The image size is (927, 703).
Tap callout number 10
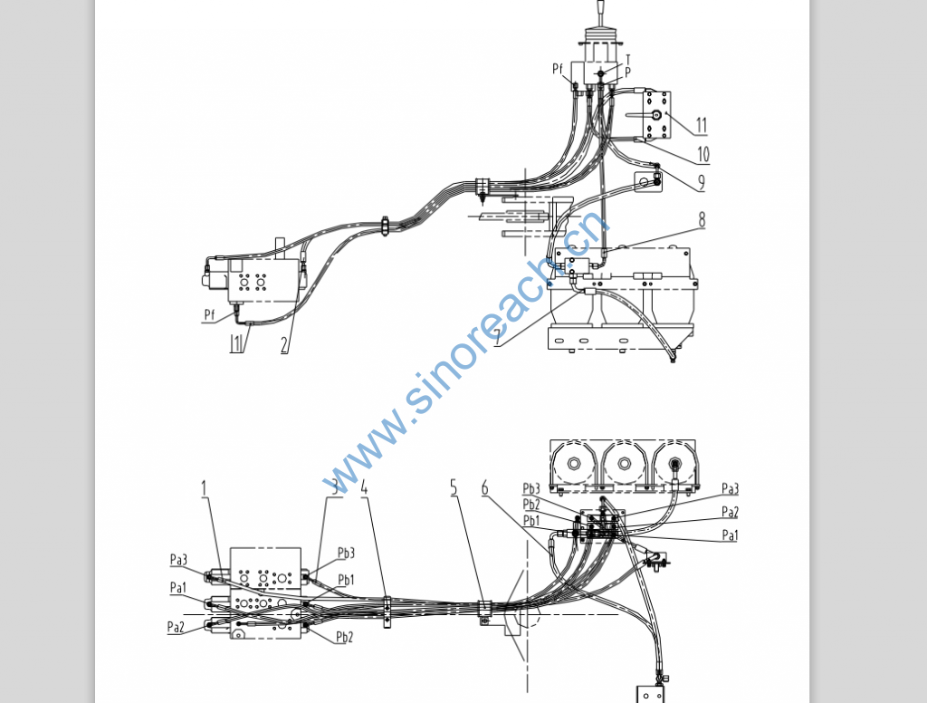coord(702,155)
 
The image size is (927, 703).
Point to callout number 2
coord(284,344)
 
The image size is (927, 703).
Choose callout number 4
coord(365,486)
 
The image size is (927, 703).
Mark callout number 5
coord(454,486)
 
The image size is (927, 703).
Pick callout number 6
coord(485,488)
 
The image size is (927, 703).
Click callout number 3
coord(334,486)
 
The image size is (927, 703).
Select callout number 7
coord(497,336)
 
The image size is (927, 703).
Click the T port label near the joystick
coord(628,60)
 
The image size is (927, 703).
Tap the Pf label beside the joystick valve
coord(558,69)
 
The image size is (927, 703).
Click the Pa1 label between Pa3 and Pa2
coord(177,588)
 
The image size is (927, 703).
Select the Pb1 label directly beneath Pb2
coord(531,520)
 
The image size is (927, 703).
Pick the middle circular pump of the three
coord(623,464)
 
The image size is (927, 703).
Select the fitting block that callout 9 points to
coord(646,182)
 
